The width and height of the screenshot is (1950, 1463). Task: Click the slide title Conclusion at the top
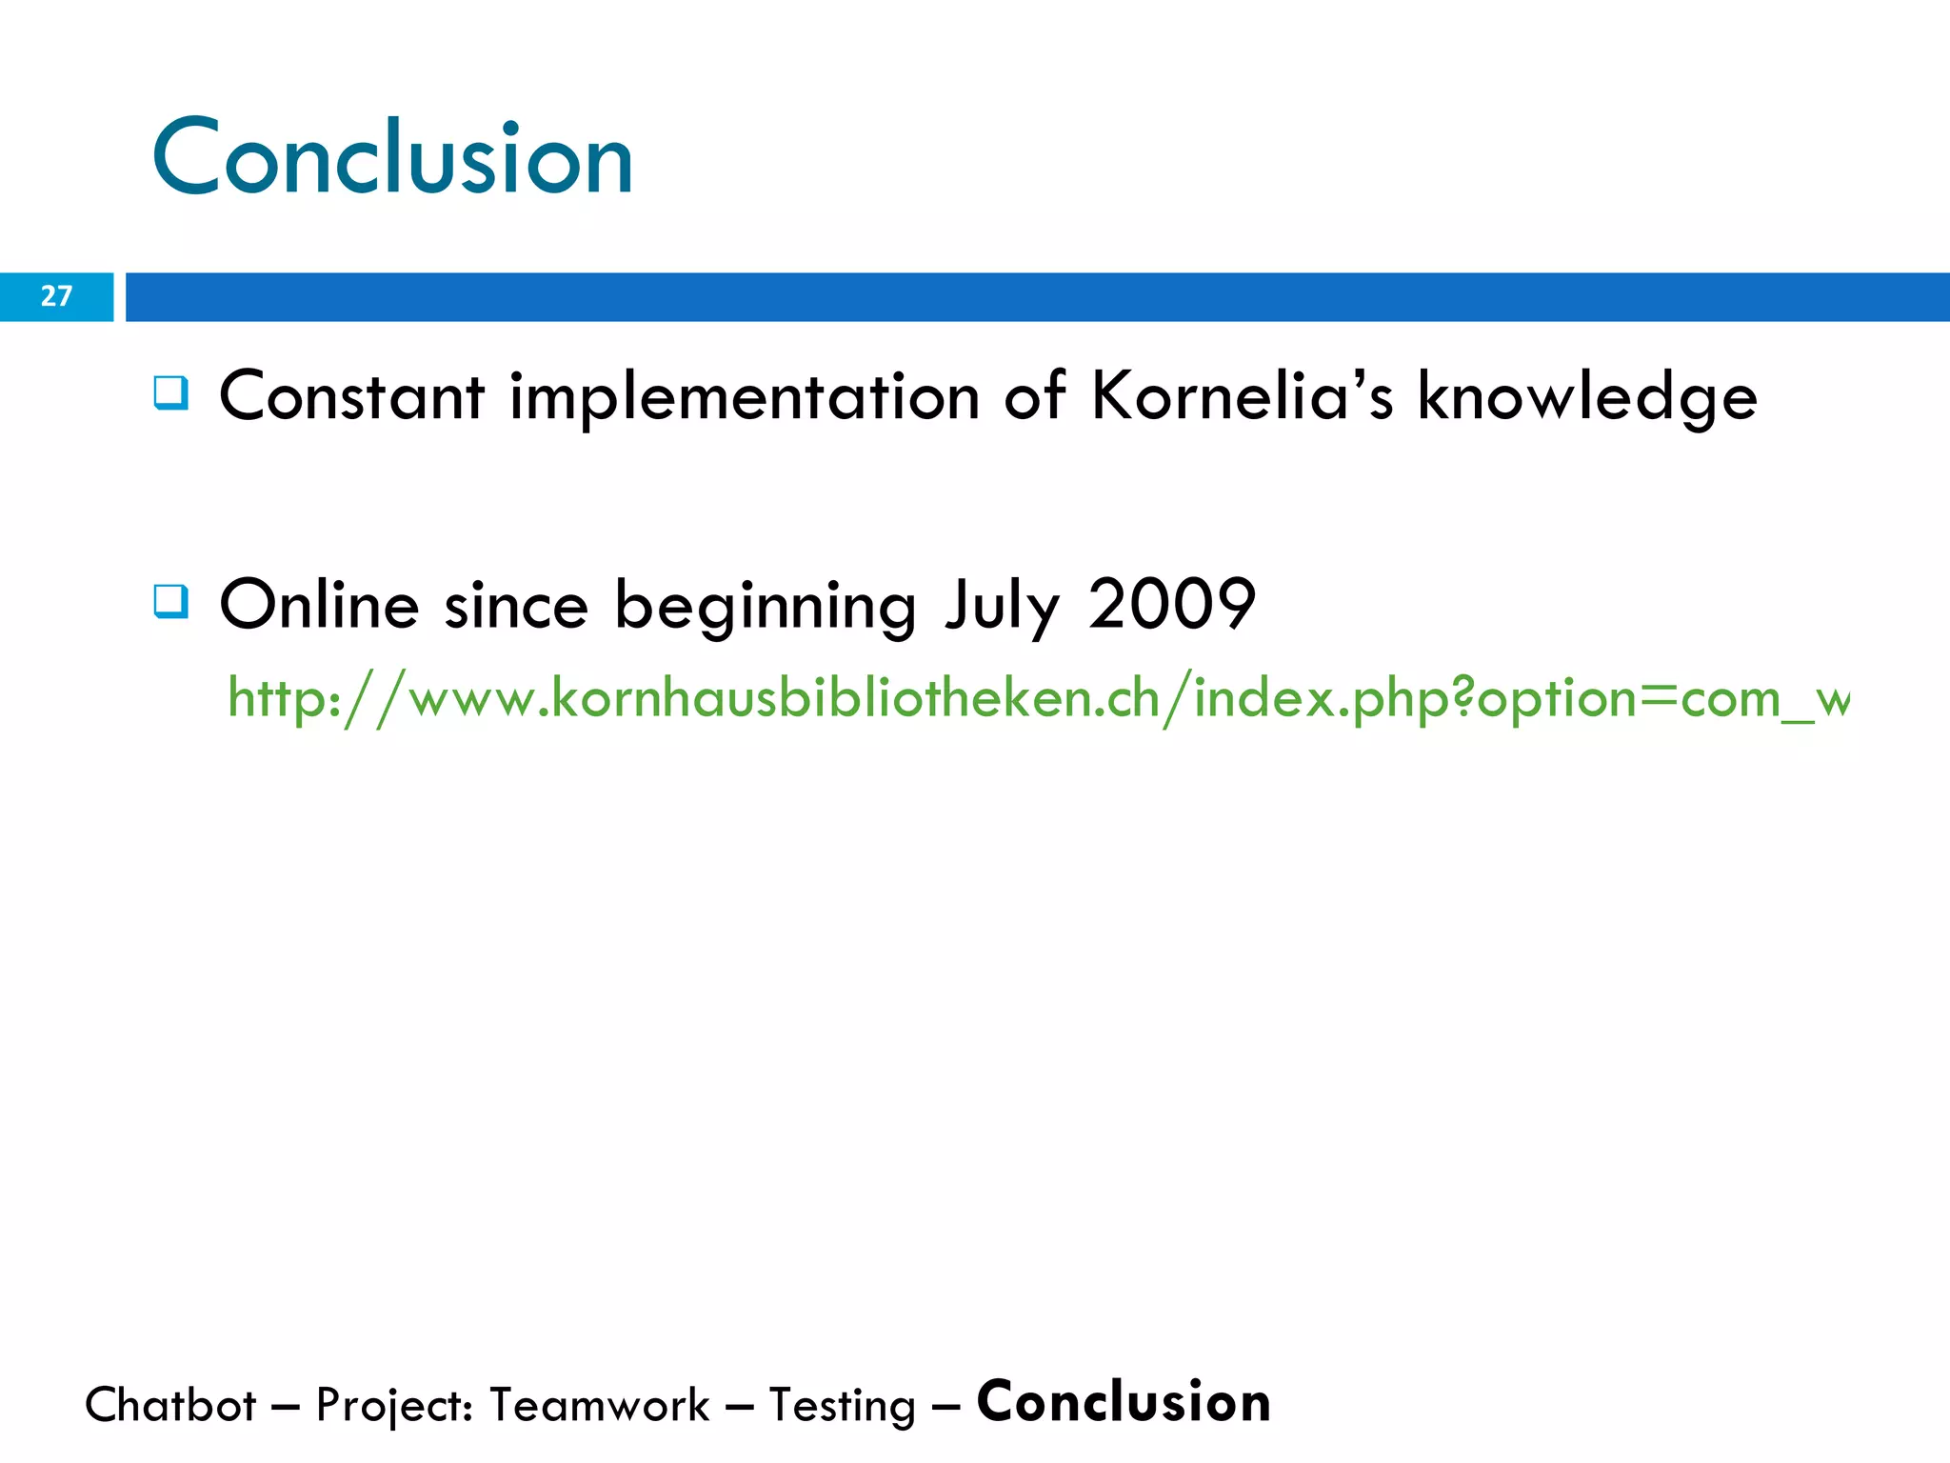392,157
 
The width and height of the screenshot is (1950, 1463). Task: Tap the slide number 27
56,296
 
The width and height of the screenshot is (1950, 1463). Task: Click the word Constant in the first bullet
351,396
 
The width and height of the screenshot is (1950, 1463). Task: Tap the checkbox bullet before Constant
171,392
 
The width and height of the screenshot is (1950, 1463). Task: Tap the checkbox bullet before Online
171,602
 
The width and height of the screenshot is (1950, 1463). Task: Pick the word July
1002,606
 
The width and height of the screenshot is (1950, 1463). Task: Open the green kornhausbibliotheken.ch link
1038,699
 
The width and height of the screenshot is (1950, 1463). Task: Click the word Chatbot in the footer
170,1405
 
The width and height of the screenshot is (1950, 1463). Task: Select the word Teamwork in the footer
599,1405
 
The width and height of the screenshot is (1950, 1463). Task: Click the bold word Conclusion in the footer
1124,1402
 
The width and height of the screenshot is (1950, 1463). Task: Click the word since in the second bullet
516,606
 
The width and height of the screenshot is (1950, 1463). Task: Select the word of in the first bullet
1034,396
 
